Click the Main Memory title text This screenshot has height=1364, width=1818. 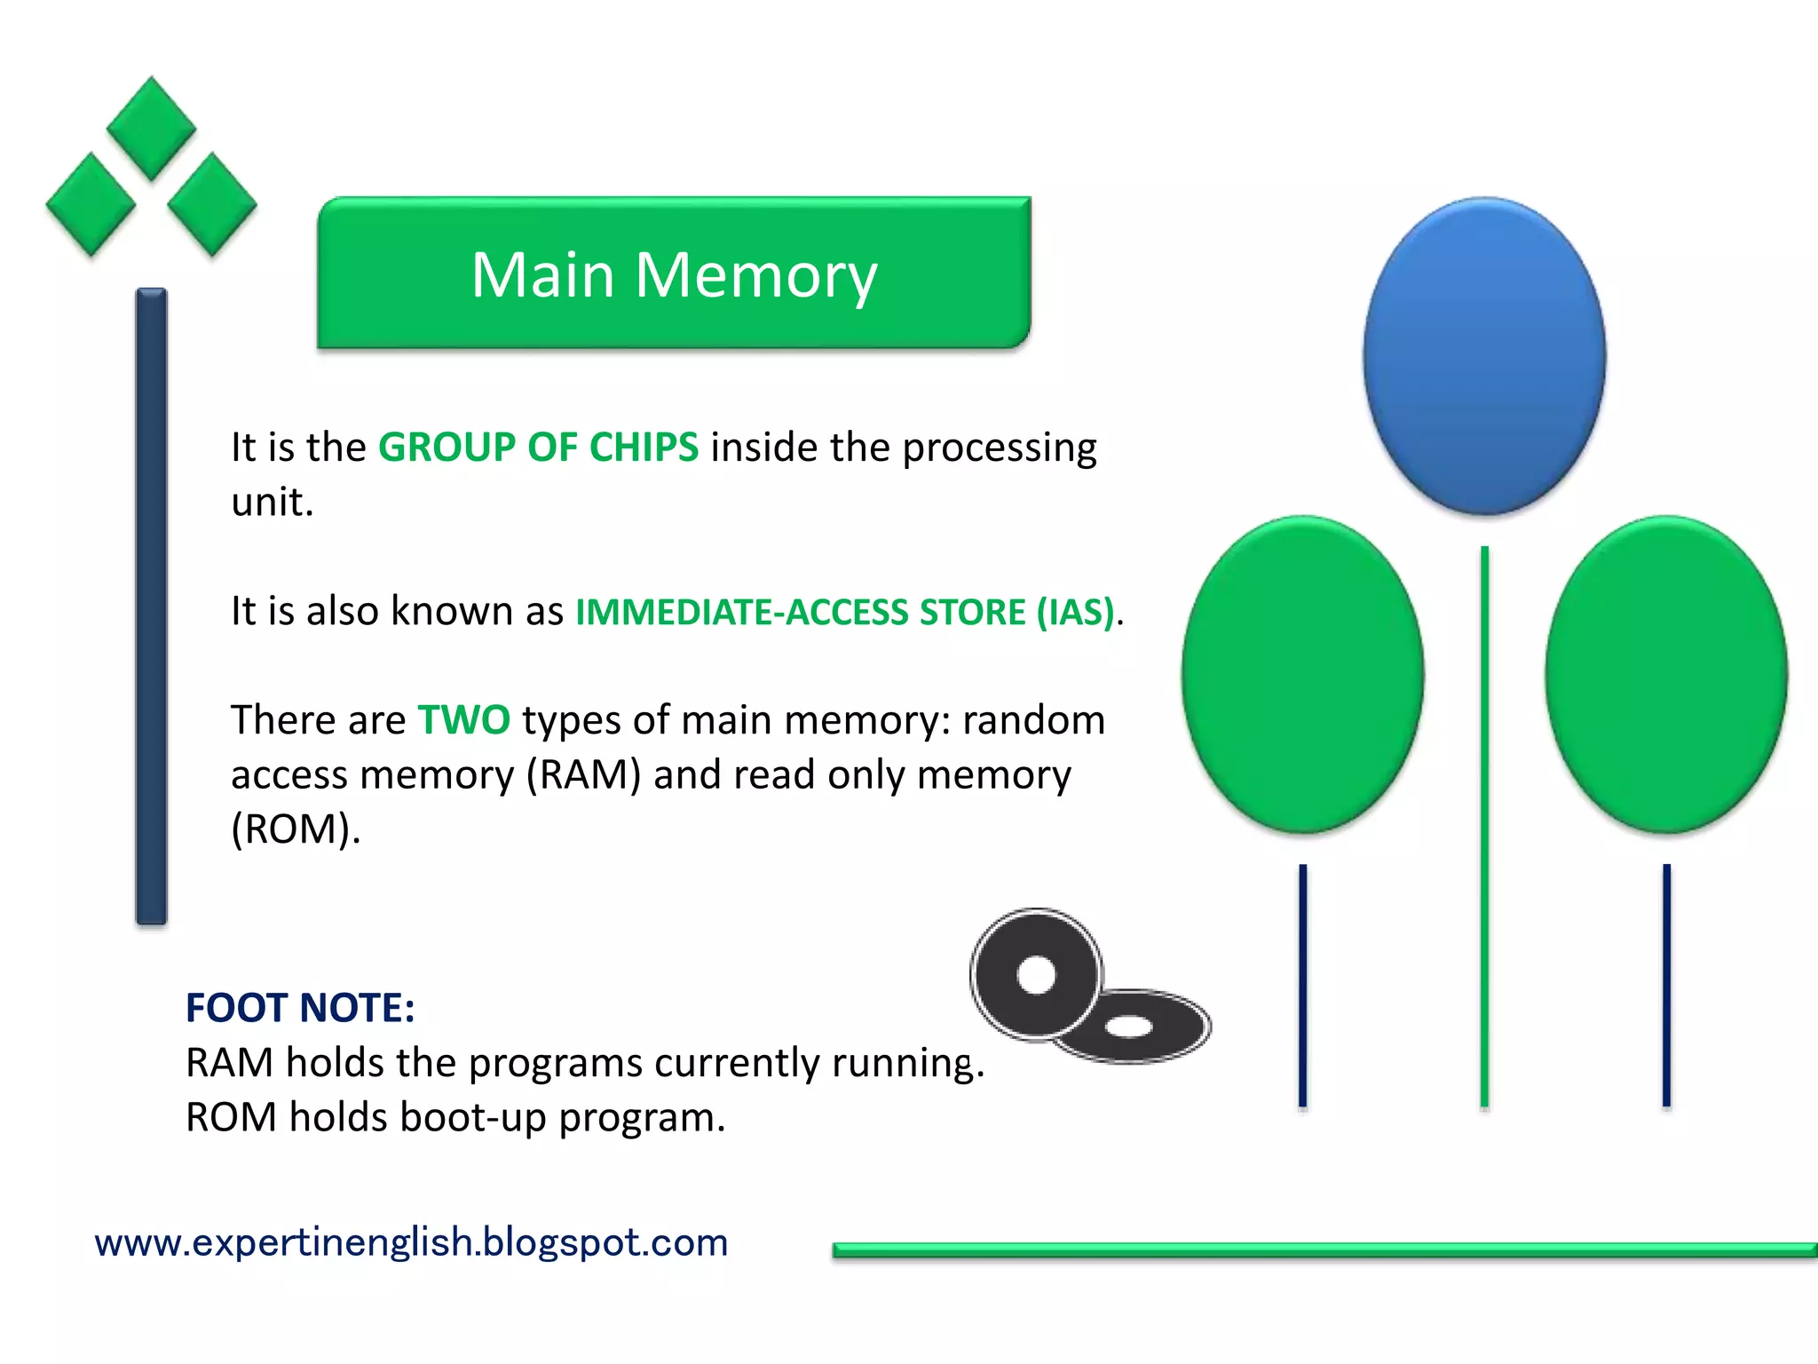674,274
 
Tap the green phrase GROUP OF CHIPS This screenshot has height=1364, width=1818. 538,447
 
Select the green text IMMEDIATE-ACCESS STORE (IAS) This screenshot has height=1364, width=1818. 844,612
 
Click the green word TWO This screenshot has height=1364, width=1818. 463,719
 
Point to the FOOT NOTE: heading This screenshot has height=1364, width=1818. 300,1008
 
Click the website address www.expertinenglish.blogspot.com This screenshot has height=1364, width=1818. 411,1241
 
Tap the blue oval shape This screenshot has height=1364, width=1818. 1484,355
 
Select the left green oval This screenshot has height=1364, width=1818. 1302,675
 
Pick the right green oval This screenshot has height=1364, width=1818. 1665,675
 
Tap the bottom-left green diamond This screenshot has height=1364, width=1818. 91,204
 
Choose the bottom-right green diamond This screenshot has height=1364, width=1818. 211,204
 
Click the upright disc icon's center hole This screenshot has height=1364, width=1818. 1036,975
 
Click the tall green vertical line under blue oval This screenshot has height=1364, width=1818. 1484,826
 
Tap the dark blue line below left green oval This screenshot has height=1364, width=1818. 1302,986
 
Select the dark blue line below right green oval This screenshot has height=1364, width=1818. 1666,986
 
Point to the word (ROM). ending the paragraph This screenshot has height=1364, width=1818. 296,829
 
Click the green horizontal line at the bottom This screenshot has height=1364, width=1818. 1323,1250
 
